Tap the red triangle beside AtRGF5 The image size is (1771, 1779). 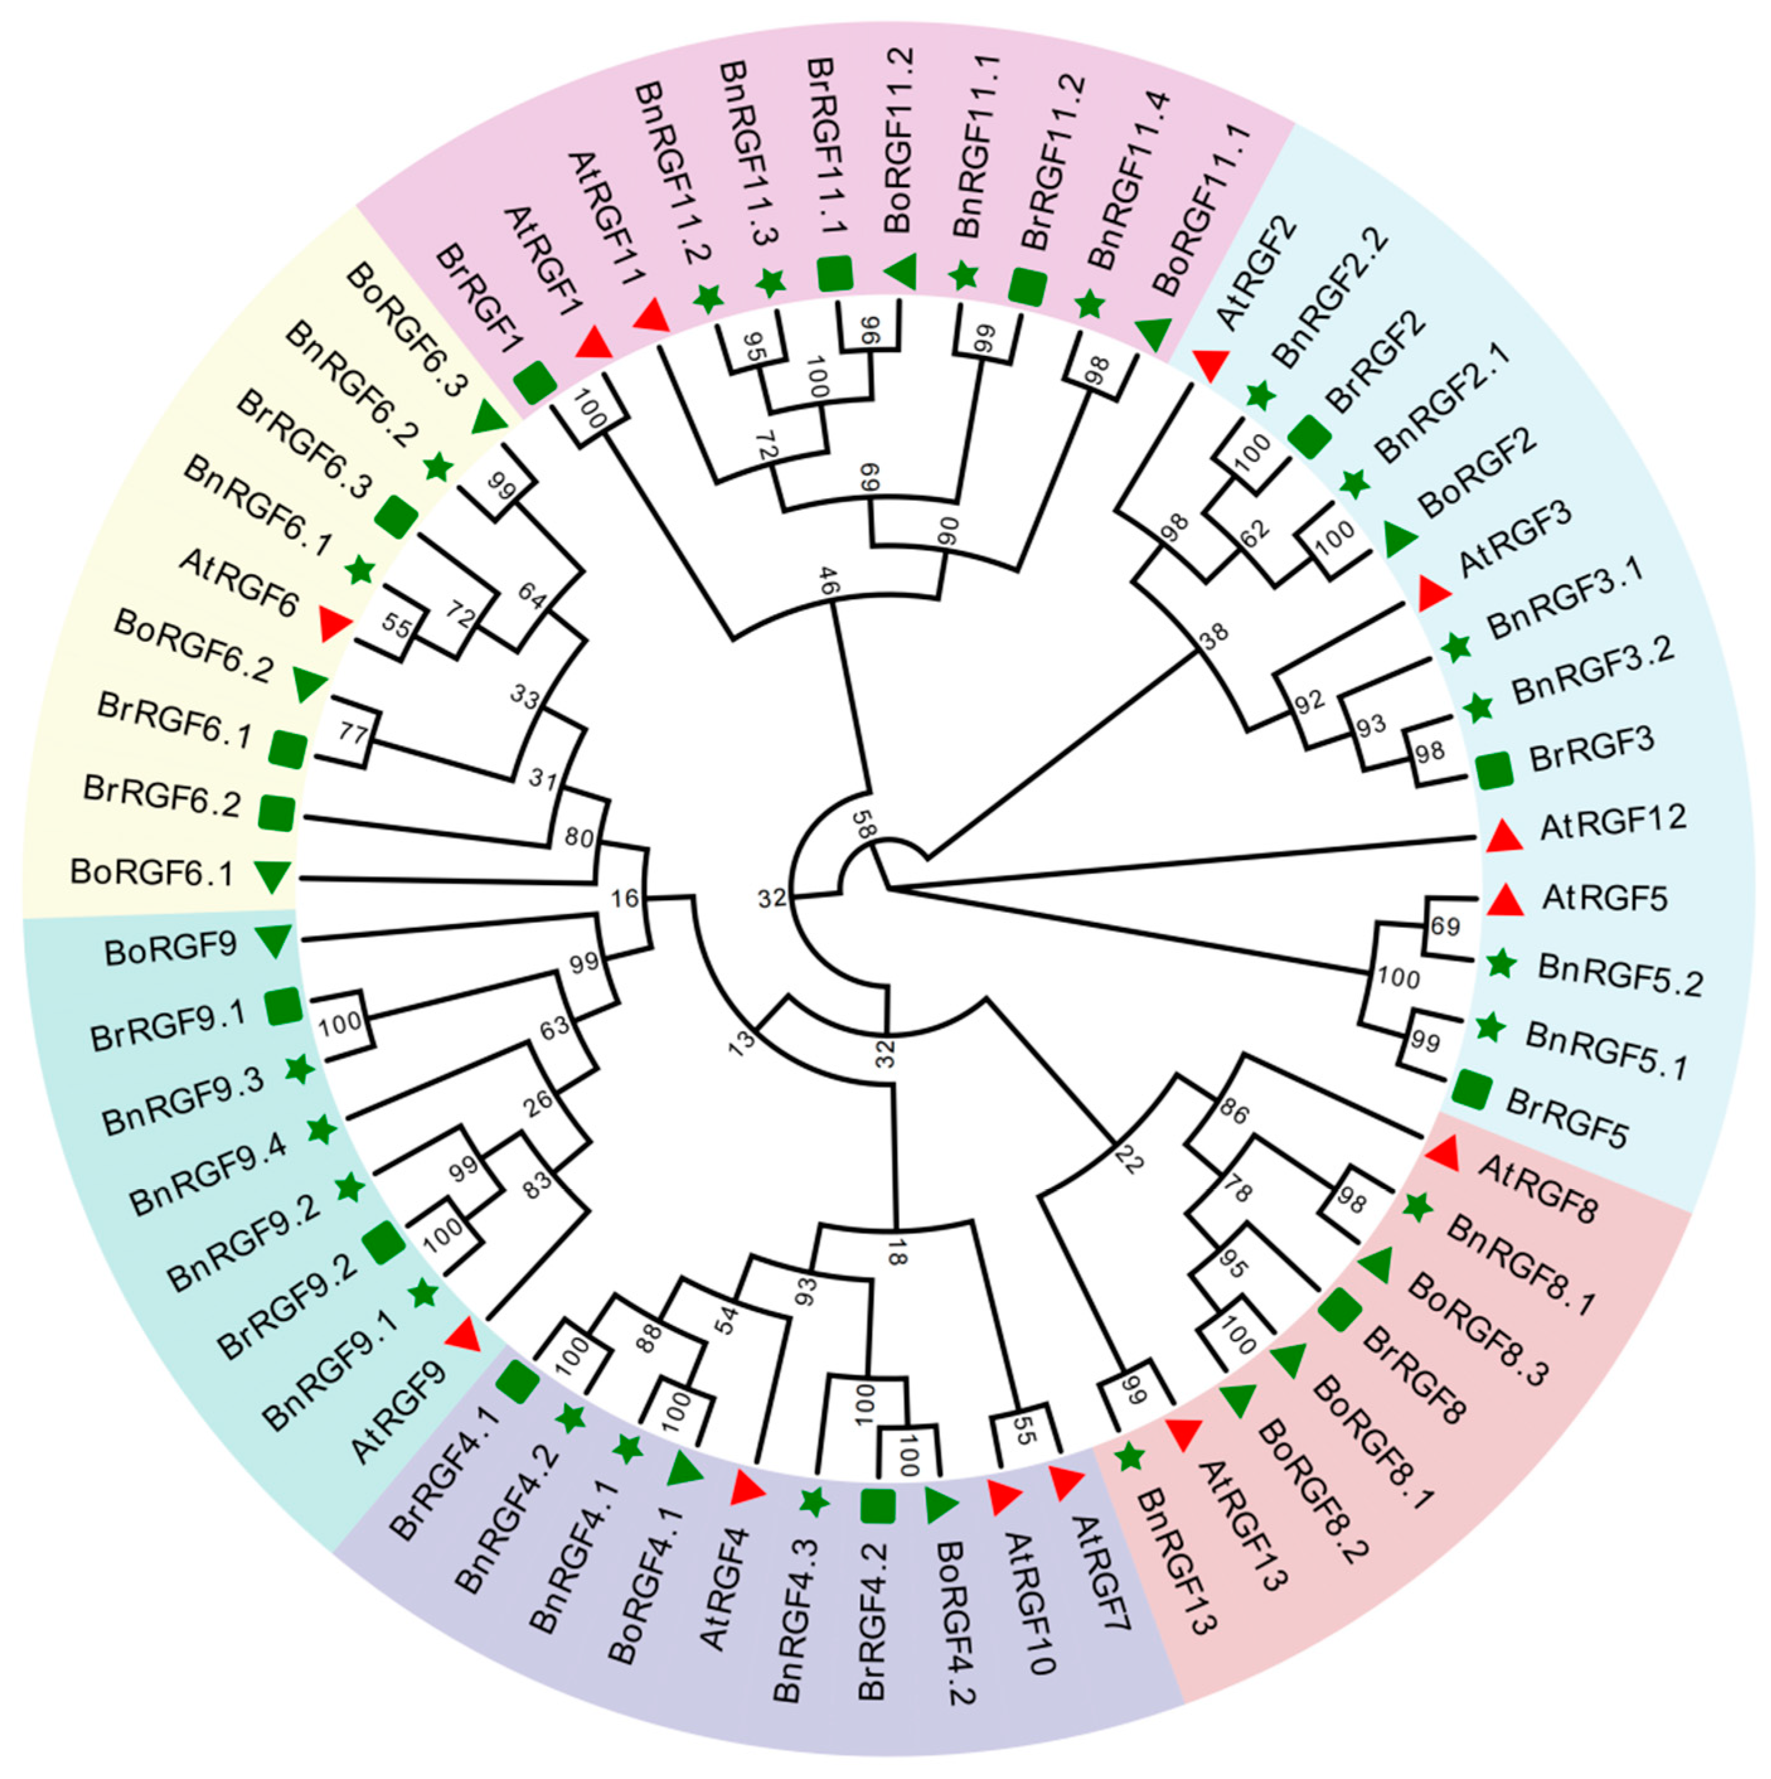pos(1506,900)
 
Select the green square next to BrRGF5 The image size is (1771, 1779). pos(1472,1089)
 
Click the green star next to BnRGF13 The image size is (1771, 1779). pos(1129,1456)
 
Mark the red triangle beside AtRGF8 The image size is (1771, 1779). pos(1442,1154)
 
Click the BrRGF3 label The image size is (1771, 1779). pos(1592,748)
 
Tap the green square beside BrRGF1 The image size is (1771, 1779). pos(533,382)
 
